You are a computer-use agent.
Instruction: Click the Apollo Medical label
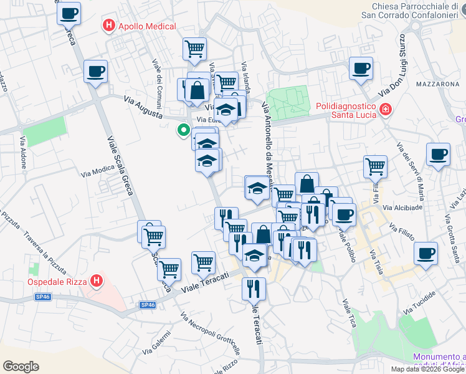click(147, 26)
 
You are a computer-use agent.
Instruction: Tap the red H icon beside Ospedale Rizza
click(96, 281)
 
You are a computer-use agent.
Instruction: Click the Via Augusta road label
click(144, 108)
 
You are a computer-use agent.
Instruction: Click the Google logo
click(21, 367)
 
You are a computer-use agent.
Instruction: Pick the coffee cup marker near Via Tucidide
click(426, 254)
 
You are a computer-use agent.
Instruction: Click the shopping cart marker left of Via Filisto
click(376, 166)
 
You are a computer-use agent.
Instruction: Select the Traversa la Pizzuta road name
click(46, 255)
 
